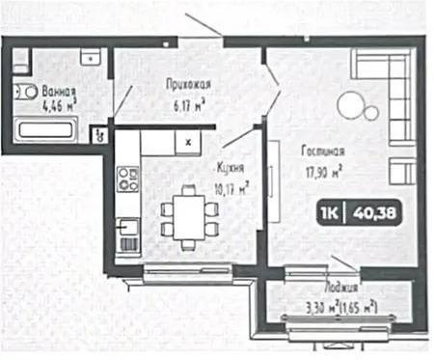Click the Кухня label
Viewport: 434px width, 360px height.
click(x=231, y=165)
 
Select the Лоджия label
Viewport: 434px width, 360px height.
click(x=342, y=286)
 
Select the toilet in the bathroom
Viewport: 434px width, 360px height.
click(x=26, y=93)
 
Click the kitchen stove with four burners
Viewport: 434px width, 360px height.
click(x=127, y=179)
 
